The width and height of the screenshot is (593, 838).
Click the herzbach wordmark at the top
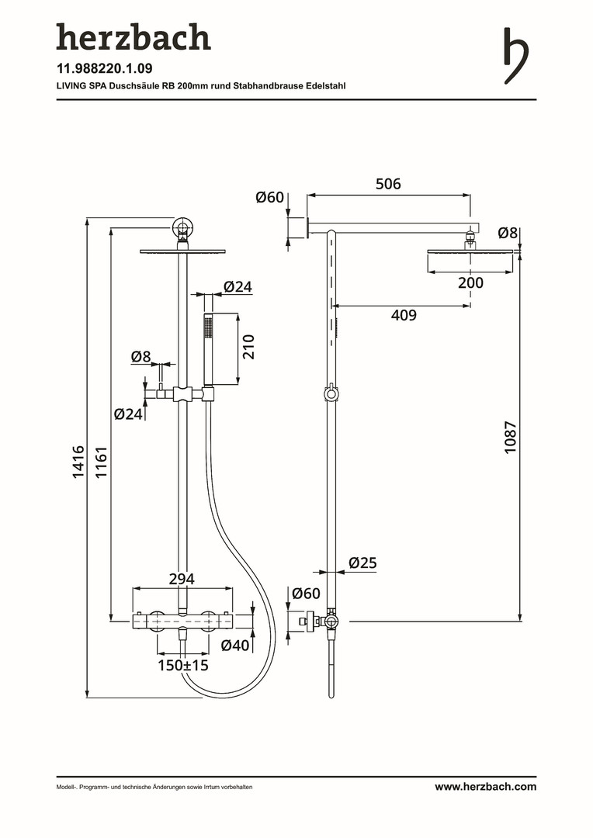coord(133,38)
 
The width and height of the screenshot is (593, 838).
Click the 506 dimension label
coord(388,184)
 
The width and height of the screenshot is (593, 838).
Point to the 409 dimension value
coord(403,315)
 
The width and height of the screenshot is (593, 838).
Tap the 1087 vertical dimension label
coord(510,437)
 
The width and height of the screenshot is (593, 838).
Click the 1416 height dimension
coord(78,462)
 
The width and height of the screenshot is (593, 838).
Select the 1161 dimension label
coord(100,462)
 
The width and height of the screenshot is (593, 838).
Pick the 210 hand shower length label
coord(248,346)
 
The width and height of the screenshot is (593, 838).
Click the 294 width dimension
coord(182,579)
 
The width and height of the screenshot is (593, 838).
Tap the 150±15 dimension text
coord(183,665)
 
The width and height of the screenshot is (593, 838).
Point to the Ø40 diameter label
coord(235,645)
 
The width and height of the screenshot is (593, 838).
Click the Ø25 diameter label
coord(362,563)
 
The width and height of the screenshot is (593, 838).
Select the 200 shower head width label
coord(470,283)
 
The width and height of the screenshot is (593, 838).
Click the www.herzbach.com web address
coord(485,787)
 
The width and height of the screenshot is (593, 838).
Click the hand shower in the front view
coord(207,349)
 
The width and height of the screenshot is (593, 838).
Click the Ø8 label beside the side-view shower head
coord(508,232)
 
